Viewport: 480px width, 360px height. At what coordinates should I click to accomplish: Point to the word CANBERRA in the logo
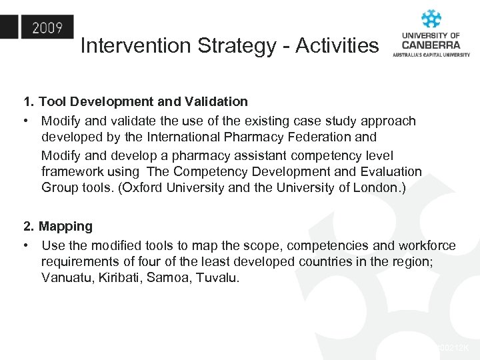[x=431, y=44]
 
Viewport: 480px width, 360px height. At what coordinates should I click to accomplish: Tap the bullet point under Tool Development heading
[x=25, y=121]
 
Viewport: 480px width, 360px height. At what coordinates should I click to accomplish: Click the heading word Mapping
[x=65, y=227]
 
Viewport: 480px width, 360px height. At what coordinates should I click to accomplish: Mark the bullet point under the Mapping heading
[x=25, y=246]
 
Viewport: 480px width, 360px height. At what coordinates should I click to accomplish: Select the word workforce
[x=427, y=246]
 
